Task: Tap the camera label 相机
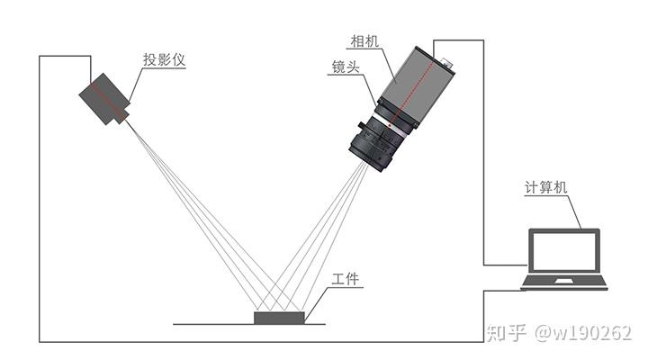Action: point(365,42)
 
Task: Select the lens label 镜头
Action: point(347,67)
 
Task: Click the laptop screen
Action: point(563,252)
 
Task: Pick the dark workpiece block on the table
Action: point(280,317)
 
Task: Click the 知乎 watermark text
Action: point(506,333)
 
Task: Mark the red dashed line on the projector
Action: point(107,101)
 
